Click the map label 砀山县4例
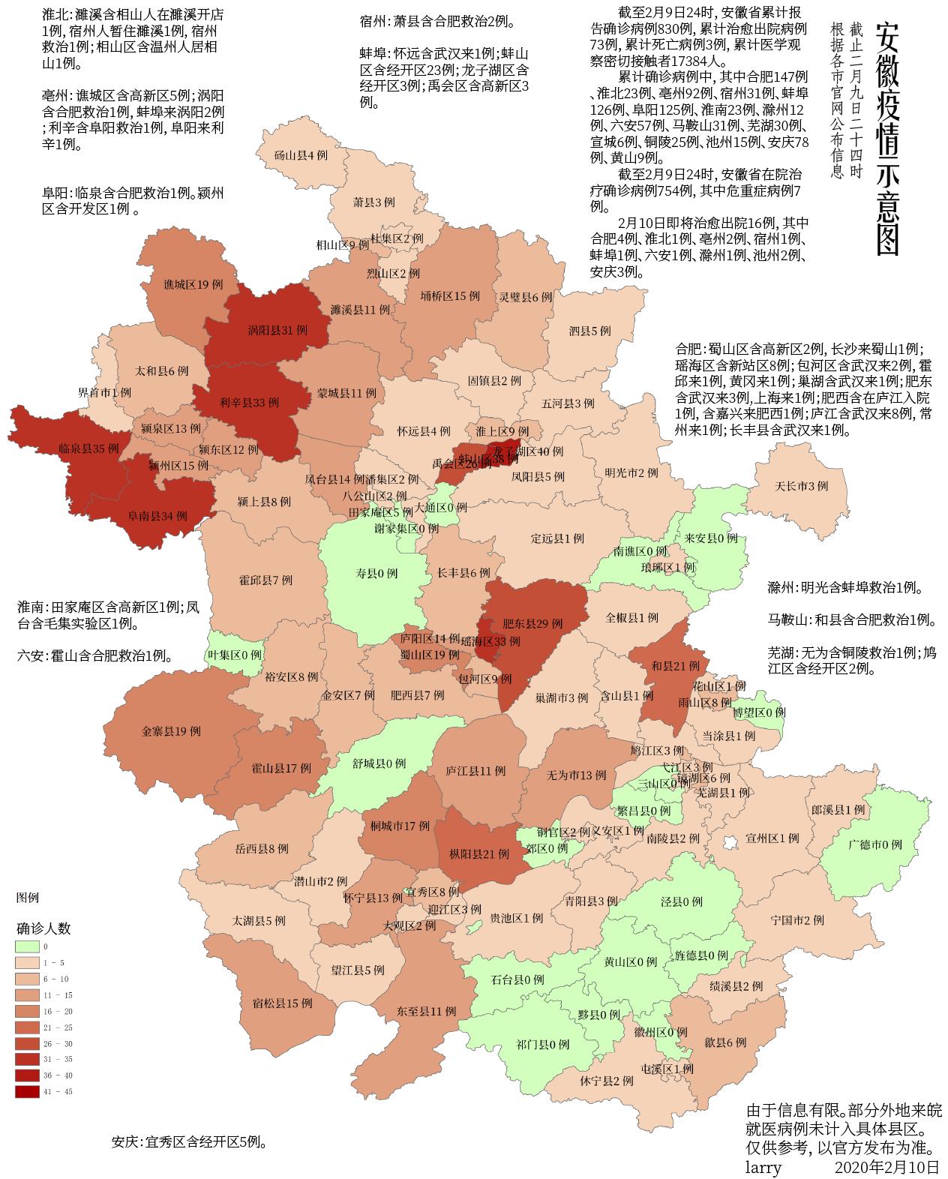pos(301,156)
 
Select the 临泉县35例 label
pos(88,448)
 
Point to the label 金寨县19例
pos(171,731)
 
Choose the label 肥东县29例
pos(532,622)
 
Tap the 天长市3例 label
pos(802,486)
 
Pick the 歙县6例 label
pos(725,1042)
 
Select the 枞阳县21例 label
pos(479,853)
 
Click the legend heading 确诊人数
pos(43,928)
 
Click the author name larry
pos(763,1167)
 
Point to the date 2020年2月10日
pos(886,1167)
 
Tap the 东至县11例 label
pos(427,1011)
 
